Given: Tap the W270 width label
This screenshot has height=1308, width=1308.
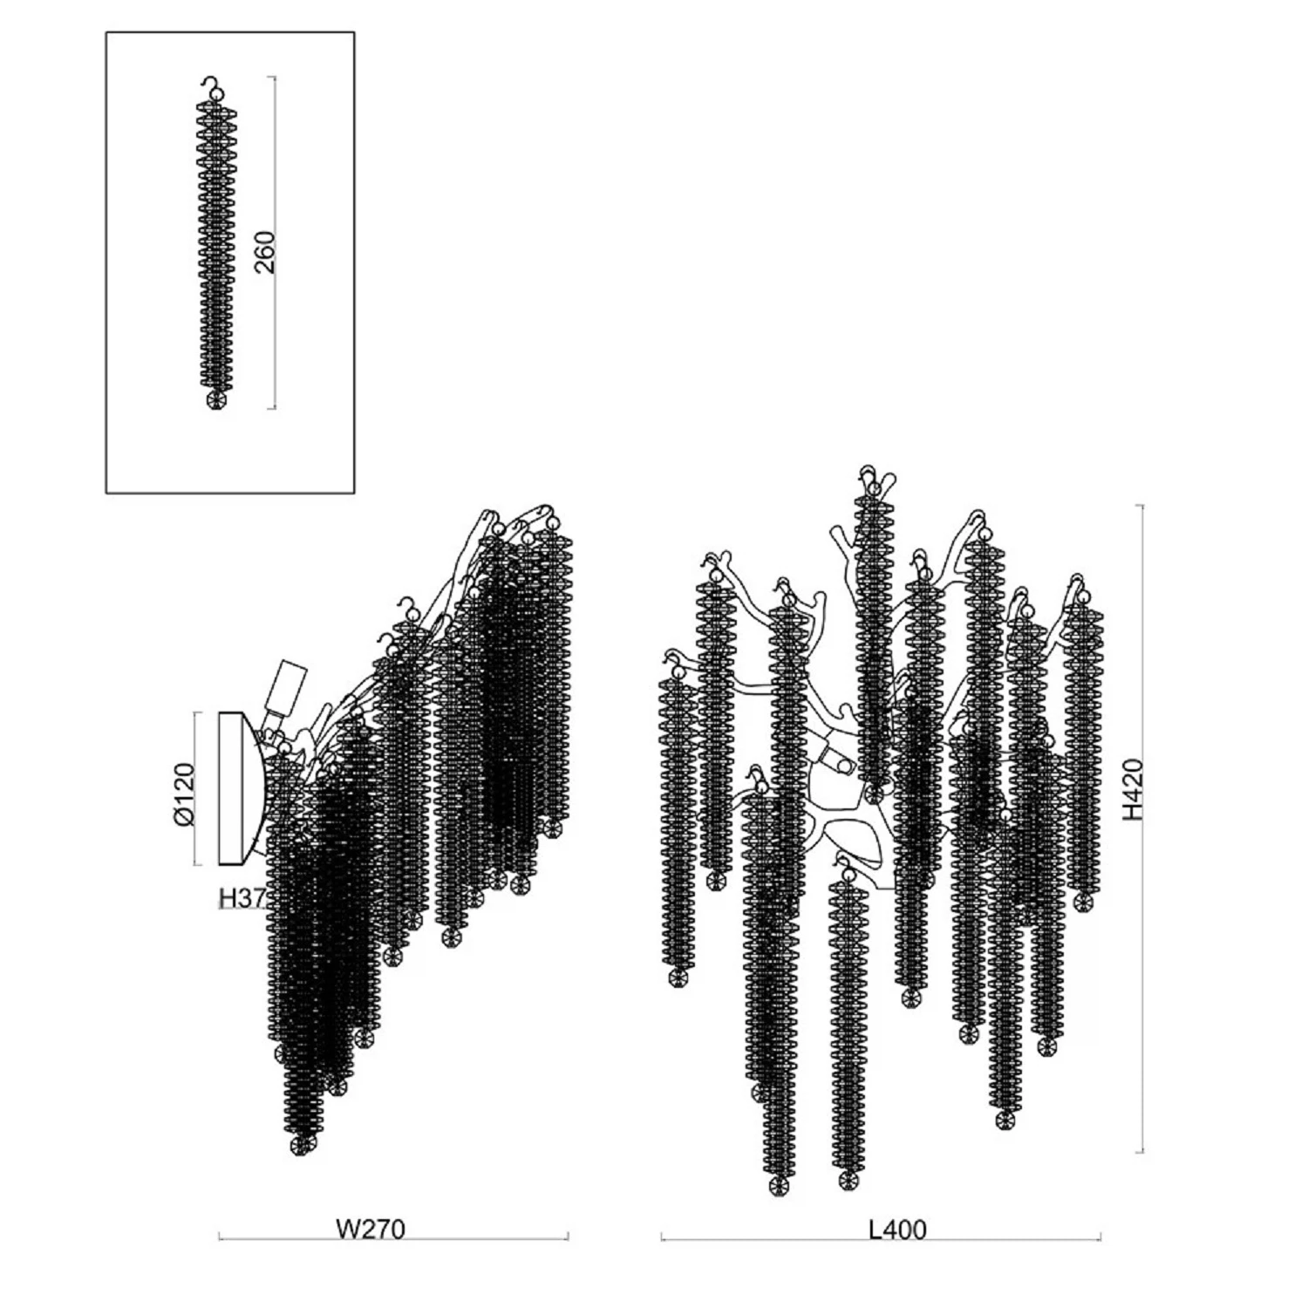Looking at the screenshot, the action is tap(371, 1229).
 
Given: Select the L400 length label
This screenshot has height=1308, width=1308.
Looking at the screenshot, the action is tap(897, 1230).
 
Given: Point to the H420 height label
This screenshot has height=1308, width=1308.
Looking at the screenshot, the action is tap(1132, 789).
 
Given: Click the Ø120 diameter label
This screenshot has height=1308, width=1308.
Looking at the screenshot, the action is tap(183, 793).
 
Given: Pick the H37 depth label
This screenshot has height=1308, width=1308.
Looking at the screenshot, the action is tap(242, 897).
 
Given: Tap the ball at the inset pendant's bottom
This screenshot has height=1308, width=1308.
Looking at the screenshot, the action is tap(216, 400).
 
